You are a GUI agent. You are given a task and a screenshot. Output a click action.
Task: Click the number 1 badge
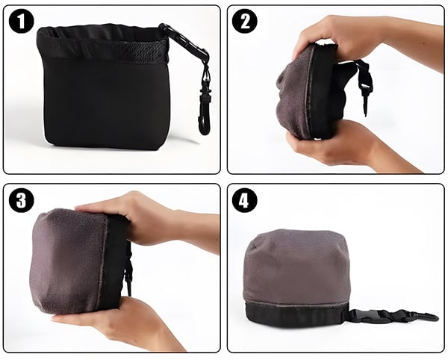coord(22,21)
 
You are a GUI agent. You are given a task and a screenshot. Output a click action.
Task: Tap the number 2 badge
coord(244,21)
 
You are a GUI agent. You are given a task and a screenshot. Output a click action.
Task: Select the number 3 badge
coord(22,199)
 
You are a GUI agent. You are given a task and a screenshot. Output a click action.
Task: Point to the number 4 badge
coord(244,199)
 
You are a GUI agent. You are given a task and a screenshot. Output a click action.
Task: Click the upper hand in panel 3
coord(149,220)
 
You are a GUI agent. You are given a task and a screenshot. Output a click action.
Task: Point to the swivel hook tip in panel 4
coord(436,317)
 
